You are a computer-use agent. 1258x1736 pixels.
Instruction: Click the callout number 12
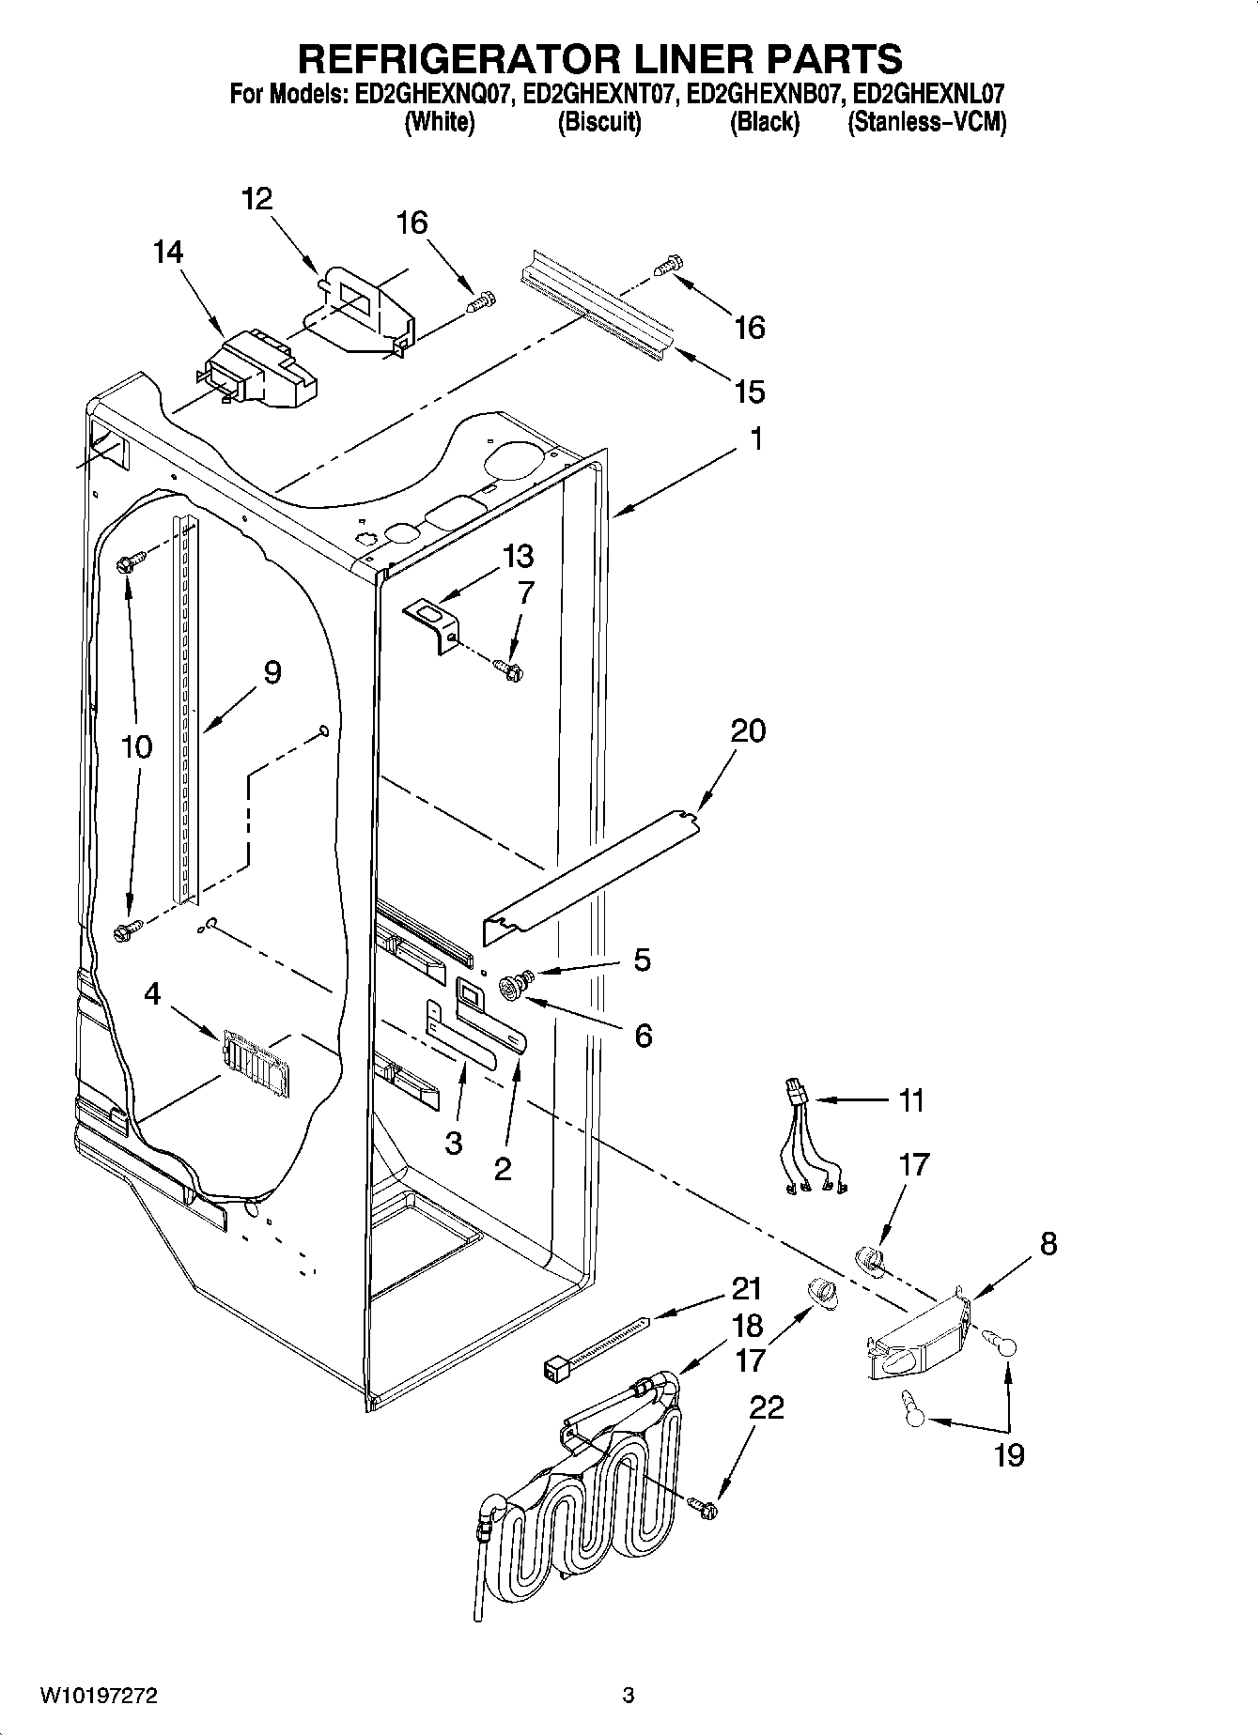tap(256, 198)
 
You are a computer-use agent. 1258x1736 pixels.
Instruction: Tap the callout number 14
tap(169, 252)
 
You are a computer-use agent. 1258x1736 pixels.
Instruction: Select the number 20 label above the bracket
tap(748, 730)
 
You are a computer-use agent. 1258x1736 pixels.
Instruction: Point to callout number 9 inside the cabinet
tap(272, 672)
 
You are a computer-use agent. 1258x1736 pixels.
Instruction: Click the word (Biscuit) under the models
tap(598, 122)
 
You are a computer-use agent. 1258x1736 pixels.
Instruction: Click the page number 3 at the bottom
tap(628, 1695)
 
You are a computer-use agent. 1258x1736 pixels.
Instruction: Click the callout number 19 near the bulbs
tap(1009, 1455)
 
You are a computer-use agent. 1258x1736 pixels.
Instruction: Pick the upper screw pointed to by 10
tap(130, 563)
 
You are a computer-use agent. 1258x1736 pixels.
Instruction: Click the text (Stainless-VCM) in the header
tap(926, 122)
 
